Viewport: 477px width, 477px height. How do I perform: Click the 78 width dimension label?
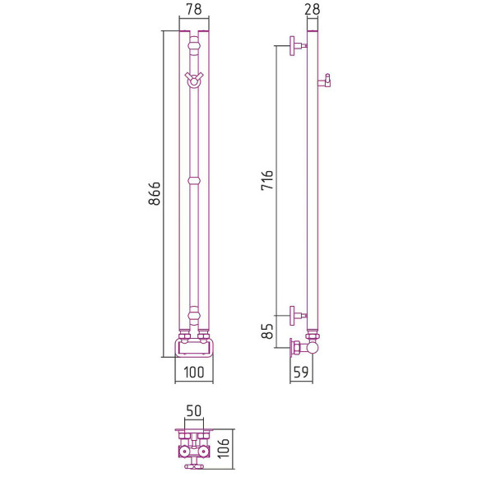(194, 9)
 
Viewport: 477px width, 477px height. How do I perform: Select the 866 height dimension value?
(155, 194)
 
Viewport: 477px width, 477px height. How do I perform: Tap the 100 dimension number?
(194, 373)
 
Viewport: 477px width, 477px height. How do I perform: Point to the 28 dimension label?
(313, 9)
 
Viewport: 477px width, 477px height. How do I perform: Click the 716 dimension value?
(267, 180)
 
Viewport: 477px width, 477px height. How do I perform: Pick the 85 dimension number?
(267, 331)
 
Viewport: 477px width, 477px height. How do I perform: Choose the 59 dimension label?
(301, 372)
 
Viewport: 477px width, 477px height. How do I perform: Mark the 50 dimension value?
(194, 410)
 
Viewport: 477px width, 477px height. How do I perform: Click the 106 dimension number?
(224, 448)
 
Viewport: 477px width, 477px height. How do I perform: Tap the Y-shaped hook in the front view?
(194, 80)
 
